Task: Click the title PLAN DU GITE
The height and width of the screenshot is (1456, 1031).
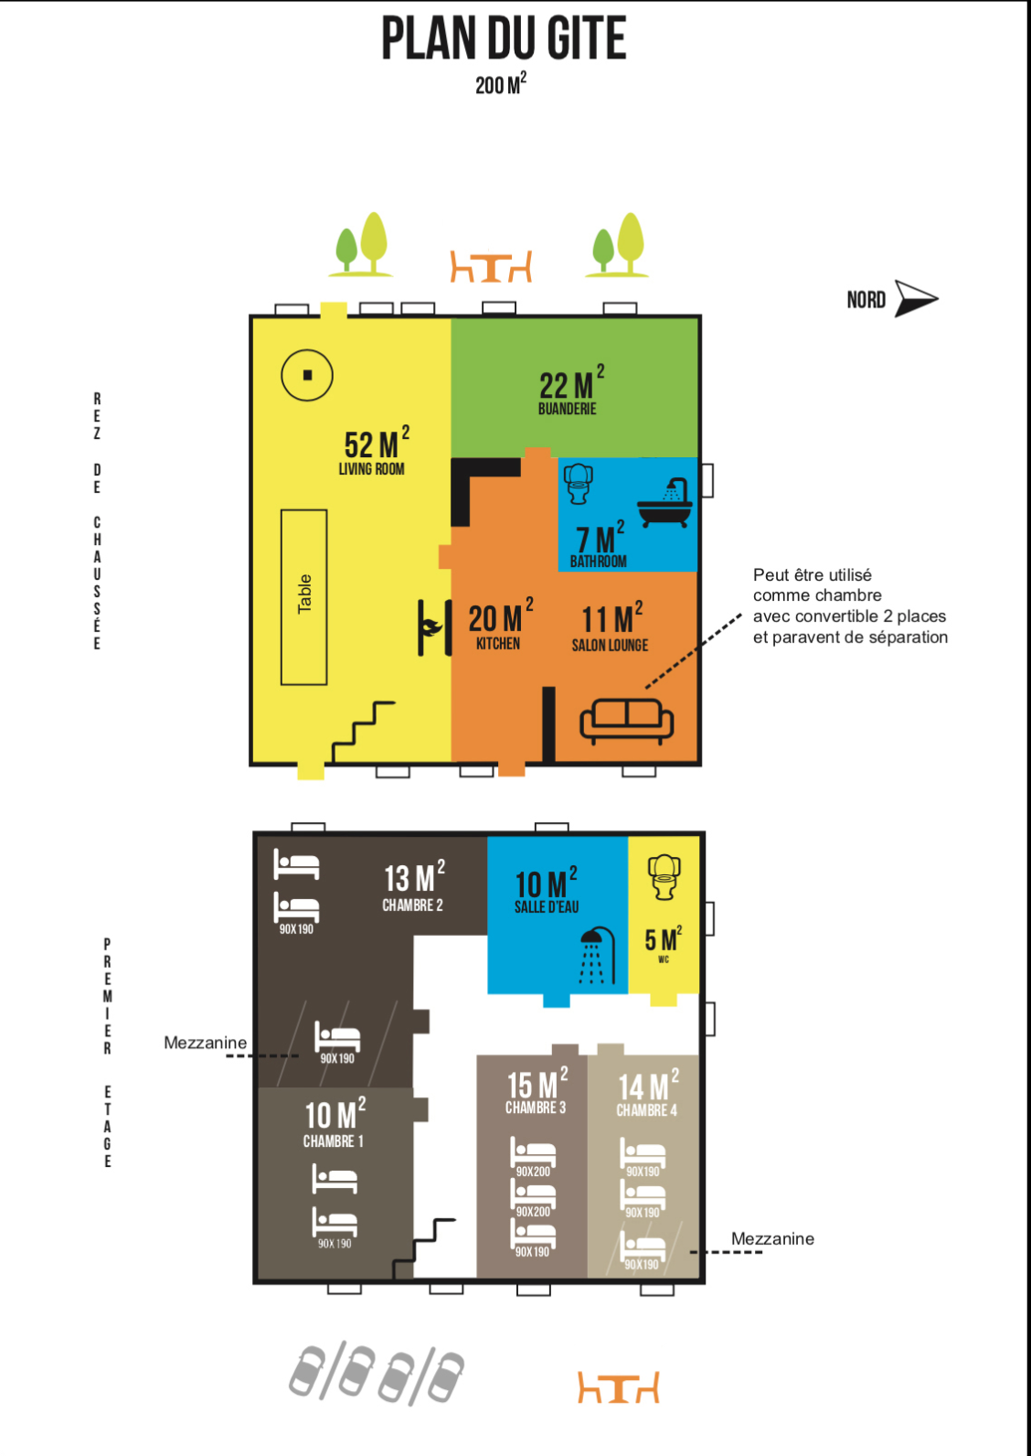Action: pyautogui.click(x=504, y=38)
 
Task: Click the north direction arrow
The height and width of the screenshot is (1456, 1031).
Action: pyautogui.click(x=916, y=298)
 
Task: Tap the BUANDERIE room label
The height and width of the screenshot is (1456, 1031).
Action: pyautogui.click(x=568, y=409)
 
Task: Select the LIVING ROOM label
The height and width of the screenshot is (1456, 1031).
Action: pyautogui.click(x=372, y=468)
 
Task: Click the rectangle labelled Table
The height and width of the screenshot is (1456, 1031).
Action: pyautogui.click(x=304, y=596)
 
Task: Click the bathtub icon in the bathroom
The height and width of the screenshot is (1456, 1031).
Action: pyautogui.click(x=664, y=503)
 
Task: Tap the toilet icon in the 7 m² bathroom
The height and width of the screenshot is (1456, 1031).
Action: pyautogui.click(x=579, y=483)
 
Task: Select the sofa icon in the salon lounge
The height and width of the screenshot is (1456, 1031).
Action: pyautogui.click(x=626, y=721)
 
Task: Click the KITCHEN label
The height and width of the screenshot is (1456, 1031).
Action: pyautogui.click(x=497, y=644)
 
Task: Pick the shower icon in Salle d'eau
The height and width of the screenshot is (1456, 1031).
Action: pyautogui.click(x=597, y=956)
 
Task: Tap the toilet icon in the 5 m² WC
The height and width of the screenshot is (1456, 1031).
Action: pyautogui.click(x=664, y=877)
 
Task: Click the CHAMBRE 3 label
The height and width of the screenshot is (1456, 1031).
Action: pyautogui.click(x=536, y=1108)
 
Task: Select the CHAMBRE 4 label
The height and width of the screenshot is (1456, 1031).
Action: pyautogui.click(x=646, y=1110)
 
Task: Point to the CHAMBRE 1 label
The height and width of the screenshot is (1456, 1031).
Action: pyautogui.click(x=334, y=1141)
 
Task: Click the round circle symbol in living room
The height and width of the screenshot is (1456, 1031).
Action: pyautogui.click(x=306, y=375)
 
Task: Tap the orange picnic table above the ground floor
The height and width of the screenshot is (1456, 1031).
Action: pyautogui.click(x=491, y=266)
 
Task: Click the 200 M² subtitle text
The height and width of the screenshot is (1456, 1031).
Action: pyautogui.click(x=501, y=84)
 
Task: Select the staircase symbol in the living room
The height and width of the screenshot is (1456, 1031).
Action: pyautogui.click(x=363, y=732)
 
